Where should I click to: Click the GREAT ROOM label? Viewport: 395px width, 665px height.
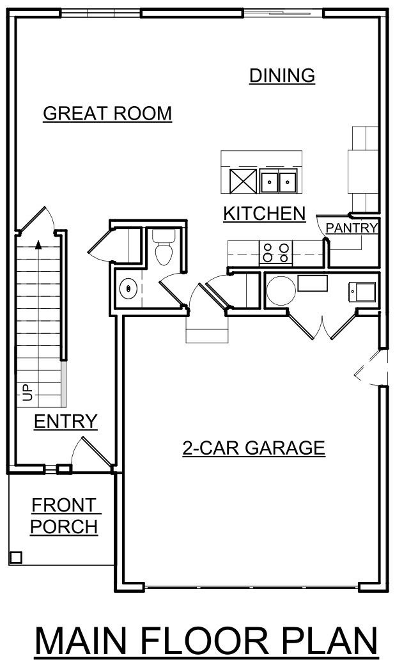[107, 113]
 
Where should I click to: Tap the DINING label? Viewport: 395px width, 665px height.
[282, 75]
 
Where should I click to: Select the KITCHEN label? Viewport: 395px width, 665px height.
[264, 213]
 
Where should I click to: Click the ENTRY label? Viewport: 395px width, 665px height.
[65, 421]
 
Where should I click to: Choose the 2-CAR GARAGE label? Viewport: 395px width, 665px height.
[254, 448]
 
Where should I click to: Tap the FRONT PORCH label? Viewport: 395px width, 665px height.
[64, 516]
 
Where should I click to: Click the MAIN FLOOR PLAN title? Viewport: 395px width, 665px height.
[206, 641]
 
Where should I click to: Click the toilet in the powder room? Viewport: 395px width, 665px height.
[164, 248]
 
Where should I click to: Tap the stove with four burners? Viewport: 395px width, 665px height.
[275, 253]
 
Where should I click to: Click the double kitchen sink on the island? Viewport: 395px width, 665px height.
[279, 182]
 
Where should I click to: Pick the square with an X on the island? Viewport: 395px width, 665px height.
[242, 182]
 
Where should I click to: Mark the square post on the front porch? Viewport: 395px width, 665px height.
[16, 557]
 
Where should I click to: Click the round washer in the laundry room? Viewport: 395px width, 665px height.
[281, 290]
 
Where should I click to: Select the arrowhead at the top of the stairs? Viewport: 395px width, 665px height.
[38, 244]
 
